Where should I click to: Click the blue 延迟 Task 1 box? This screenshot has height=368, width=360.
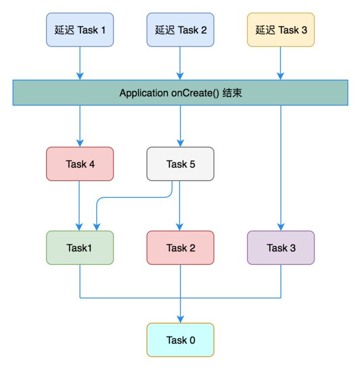point(80,30)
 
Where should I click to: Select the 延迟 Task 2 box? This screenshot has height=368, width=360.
point(180,30)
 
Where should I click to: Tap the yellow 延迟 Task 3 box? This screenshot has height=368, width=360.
point(281,30)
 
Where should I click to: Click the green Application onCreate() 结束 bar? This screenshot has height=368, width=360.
point(181,93)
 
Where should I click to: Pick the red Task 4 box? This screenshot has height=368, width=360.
point(80,164)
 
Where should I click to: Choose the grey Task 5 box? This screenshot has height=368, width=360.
point(180,164)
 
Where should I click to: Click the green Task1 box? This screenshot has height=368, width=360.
point(80,248)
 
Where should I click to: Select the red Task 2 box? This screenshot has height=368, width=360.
point(180,248)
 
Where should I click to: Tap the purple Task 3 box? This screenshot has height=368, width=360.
point(281,248)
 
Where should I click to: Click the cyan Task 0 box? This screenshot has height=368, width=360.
point(180,340)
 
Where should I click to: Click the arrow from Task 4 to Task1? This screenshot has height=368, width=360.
point(79,206)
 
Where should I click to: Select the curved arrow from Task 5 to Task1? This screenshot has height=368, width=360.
point(133,198)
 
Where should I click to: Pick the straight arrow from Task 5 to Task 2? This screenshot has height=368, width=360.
point(179,206)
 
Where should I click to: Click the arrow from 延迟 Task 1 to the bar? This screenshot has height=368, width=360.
point(80,63)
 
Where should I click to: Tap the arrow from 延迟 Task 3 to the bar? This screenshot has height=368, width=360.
point(280,63)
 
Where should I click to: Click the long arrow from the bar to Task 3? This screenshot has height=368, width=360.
point(281,168)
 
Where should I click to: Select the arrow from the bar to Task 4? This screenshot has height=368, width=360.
point(80,126)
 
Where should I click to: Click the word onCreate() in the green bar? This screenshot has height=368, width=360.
point(195,93)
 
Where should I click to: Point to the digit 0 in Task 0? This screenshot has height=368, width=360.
point(192,340)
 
